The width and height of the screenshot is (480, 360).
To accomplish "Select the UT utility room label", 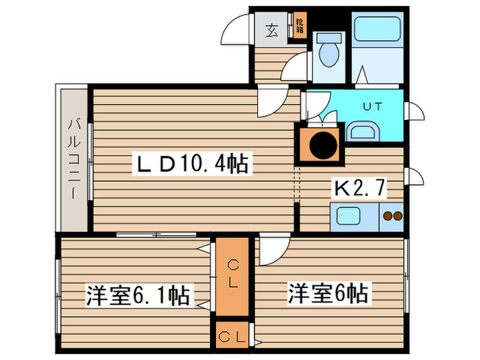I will [372, 107].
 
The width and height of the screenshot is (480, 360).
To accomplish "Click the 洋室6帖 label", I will [328, 295].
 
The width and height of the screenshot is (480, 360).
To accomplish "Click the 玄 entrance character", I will [272, 30].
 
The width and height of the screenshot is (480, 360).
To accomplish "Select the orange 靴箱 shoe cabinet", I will [300, 27].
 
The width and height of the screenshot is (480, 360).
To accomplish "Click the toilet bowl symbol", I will [328, 52].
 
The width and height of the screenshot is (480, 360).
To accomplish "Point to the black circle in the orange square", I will [320, 145].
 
